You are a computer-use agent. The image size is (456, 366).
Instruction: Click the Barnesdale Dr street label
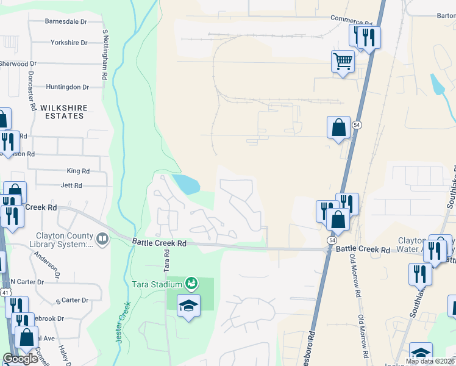pyautogui.click(x=66, y=21)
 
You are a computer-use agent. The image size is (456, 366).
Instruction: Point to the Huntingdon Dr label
pyautogui.click(x=67, y=87)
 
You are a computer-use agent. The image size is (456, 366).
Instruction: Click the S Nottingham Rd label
pyautogui.click(x=105, y=56)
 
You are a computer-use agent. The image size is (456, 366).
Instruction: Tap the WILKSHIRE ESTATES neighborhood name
pyautogui.click(x=64, y=112)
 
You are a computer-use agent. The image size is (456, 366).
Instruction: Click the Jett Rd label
pyautogui.click(x=71, y=185)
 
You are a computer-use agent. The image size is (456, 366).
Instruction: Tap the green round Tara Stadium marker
pyautogui.click(x=191, y=283)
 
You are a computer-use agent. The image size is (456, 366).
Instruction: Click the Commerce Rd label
pyautogui.click(x=351, y=19)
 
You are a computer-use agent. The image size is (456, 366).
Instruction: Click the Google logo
pyautogui.click(x=20, y=359)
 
